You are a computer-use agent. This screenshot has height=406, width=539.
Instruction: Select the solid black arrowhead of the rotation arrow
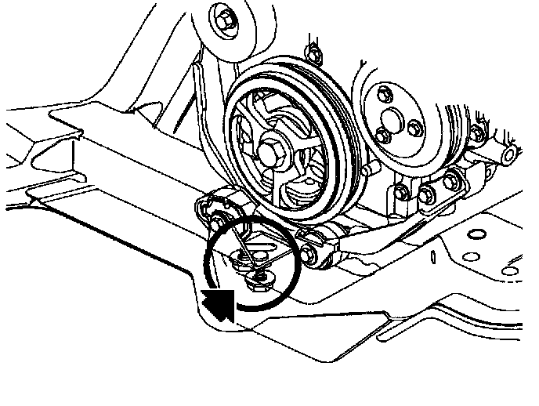pyautogui.click(x=220, y=303)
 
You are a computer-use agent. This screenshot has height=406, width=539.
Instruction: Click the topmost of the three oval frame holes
pyautogui.click(x=474, y=234)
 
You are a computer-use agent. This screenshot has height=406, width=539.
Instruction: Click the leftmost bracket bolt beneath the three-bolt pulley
pyautogui.click(x=399, y=192)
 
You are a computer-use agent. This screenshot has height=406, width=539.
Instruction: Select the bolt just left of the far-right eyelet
pyautogui.click(x=451, y=183)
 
